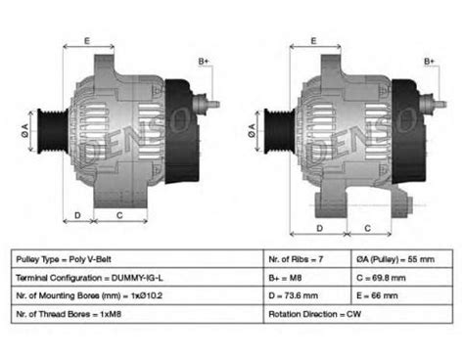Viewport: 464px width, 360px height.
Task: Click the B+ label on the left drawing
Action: (x=205, y=62)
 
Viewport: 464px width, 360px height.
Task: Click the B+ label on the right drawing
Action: (x=429, y=62)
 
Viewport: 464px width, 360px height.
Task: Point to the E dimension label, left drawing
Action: (x=87, y=40)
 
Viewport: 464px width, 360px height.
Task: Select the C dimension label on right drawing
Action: (x=366, y=227)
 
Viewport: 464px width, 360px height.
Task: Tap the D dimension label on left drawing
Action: (x=77, y=215)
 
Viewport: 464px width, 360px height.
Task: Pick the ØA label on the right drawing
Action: (x=254, y=127)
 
